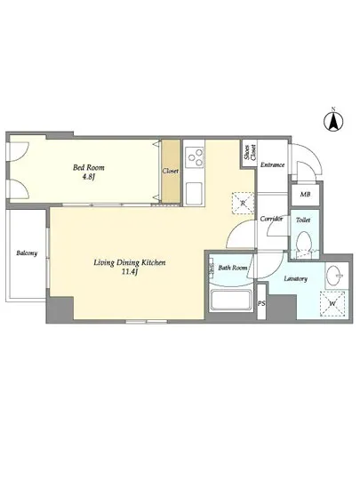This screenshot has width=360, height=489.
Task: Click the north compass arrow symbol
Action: click(x=333, y=121)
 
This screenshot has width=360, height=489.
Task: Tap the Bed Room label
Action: click(x=89, y=167)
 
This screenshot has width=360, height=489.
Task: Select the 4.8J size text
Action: click(x=89, y=179)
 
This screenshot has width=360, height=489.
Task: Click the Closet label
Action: click(x=170, y=171)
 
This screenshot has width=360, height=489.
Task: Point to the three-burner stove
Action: click(x=194, y=157)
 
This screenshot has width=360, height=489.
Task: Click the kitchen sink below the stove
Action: click(x=194, y=193)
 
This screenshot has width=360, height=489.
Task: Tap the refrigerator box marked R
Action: click(x=244, y=203)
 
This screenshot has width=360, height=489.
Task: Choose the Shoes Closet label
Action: click(x=250, y=153)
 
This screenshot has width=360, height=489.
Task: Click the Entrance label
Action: click(x=272, y=164)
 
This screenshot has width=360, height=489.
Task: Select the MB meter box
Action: click(x=305, y=195)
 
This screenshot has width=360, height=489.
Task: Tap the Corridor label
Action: click(x=271, y=219)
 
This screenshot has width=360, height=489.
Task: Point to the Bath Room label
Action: click(x=233, y=268)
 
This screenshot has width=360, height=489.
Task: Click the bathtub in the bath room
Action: click(x=231, y=300)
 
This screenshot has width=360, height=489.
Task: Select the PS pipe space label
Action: click(x=261, y=303)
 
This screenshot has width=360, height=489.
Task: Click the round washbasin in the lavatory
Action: click(x=334, y=276)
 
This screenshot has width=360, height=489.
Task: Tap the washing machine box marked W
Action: click(x=332, y=303)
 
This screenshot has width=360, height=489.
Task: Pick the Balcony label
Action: click(x=27, y=253)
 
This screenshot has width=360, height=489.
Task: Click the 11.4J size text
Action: click(x=130, y=272)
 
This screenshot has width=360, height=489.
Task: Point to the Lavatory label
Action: click(x=296, y=278)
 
